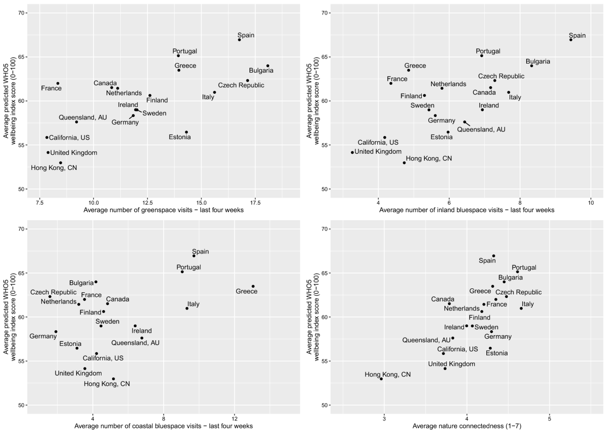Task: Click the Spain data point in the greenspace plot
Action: coord(239,39)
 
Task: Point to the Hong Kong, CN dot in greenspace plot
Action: coord(61,163)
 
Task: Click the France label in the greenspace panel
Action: coord(52,88)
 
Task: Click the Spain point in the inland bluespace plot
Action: coord(571,39)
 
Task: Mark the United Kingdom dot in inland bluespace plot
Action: coord(352,152)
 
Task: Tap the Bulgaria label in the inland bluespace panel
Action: coord(538,61)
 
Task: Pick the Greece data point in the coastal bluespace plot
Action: coord(253,286)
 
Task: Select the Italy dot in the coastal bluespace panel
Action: coord(187,308)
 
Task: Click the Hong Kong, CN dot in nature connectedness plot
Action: coord(381,379)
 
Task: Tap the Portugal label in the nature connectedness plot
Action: coord(524,268)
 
